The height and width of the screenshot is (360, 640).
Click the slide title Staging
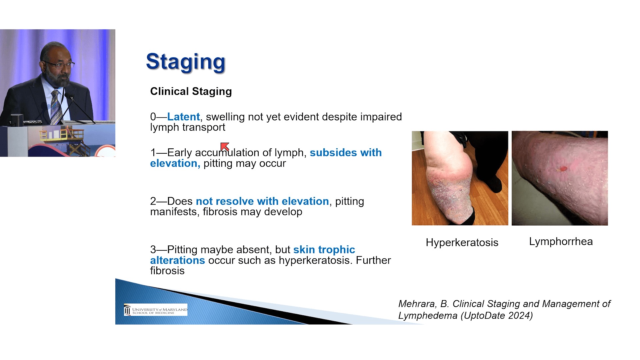point(186,62)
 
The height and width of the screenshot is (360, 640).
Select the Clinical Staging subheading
point(191,91)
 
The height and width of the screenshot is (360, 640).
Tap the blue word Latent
point(183,117)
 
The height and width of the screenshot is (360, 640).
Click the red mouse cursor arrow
point(225,146)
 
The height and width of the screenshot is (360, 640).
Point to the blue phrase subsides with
point(346,152)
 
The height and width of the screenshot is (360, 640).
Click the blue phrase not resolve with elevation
point(262,201)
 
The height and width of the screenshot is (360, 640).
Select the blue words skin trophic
point(324,249)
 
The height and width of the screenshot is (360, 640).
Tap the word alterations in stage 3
point(177,260)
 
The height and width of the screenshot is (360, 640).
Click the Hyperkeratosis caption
point(462,242)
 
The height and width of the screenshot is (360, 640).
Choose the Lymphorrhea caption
point(561,241)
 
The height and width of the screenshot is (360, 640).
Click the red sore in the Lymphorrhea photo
point(563,169)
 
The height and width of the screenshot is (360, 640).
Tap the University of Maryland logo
point(156,310)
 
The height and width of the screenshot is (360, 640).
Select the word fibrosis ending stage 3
point(167,271)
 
